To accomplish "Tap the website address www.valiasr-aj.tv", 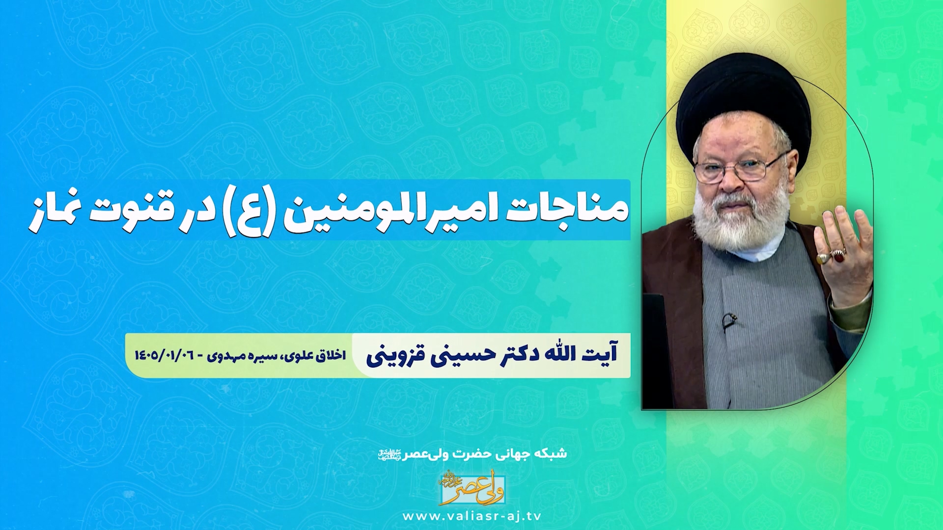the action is (472, 516).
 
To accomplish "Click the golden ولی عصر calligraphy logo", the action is (472, 488).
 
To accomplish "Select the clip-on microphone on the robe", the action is (729, 321).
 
